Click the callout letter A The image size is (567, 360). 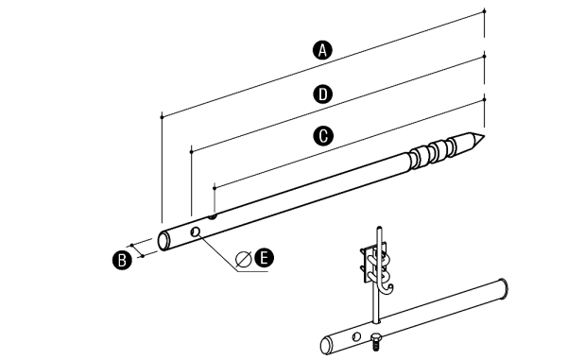click(322, 50)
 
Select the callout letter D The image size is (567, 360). click(322, 94)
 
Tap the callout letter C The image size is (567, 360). click(322, 136)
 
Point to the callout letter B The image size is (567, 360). click(122, 260)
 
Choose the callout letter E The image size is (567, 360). click(264, 258)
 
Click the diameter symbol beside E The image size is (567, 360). click(244, 258)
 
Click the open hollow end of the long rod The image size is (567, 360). click(163, 241)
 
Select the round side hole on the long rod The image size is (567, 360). click(196, 231)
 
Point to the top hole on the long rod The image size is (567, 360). click(213, 217)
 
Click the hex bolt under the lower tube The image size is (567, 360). click(375, 341)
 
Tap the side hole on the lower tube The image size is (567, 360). click(356, 337)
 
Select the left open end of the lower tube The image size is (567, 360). click(326, 346)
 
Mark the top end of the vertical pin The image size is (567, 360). click(379, 228)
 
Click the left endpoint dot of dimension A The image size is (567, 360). click(162, 117)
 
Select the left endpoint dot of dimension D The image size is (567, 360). click(192, 152)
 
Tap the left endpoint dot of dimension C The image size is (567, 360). click(215, 188)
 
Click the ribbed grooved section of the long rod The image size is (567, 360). click(432, 152)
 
